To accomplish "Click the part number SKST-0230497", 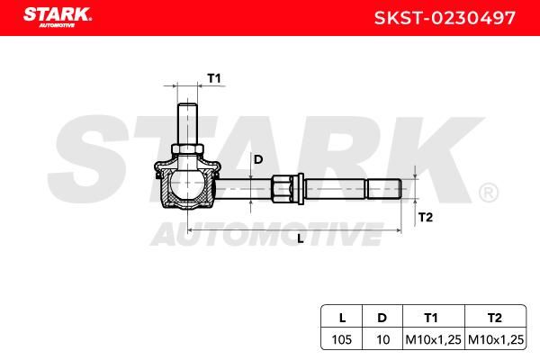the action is point(445,18).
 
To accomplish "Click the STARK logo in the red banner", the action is point(58,17).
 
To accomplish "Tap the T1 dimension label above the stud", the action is point(214,78).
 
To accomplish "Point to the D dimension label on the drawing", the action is point(258,159).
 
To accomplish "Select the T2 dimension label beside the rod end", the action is point(426,218).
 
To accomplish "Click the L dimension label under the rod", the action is point(301,238).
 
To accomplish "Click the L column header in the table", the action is point(342,318).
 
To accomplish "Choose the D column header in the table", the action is point(382,318).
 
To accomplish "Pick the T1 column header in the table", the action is point(431,318).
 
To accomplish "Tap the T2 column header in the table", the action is point(495,318).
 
